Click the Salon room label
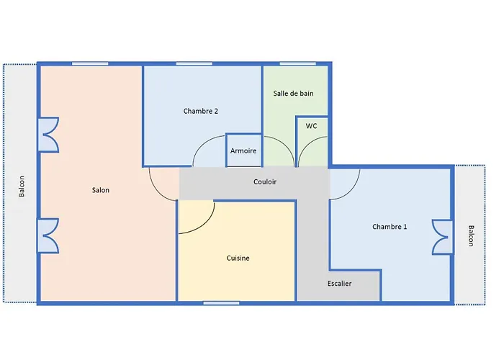pos(101,190)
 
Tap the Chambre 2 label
pos(201,111)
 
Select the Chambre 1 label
pos(390,227)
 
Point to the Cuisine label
pos(238,258)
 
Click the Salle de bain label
pos(293,94)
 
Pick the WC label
pos(311,126)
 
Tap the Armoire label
pos(243,150)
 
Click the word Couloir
pos(265,182)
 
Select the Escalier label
pos(339,284)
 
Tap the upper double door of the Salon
pos(49,135)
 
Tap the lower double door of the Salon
pos(49,236)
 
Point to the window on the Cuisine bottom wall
pos(221,302)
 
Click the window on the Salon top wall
pos(90,64)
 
